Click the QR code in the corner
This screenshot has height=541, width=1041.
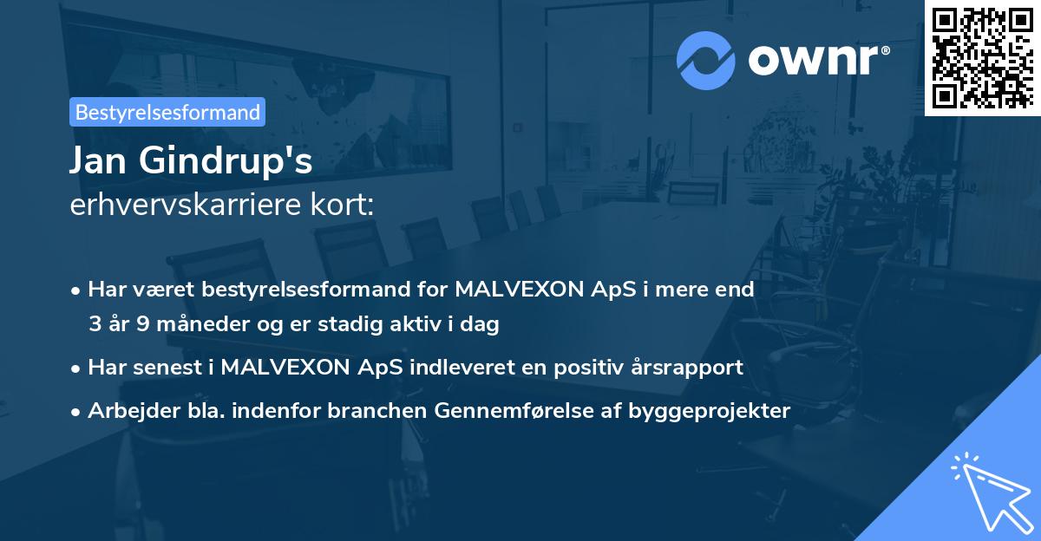pyautogui.click(x=982, y=57)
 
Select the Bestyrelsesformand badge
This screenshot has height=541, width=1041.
pyautogui.click(x=167, y=112)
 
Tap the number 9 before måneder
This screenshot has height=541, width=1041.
pyautogui.click(x=143, y=325)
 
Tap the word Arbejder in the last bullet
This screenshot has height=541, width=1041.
pyautogui.click(x=126, y=411)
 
